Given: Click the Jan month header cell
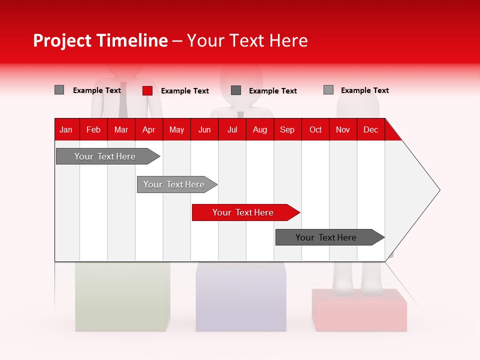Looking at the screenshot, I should click(66, 129).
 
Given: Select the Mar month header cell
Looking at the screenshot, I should click(121, 129).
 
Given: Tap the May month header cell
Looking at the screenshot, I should click(176, 129).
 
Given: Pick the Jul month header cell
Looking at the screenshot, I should click(232, 129).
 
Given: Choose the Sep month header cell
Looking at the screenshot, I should click(287, 129).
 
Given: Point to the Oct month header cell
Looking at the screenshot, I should click(315, 129).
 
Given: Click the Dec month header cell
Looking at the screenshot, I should click(370, 129).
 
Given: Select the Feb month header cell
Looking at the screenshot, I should click(93, 129).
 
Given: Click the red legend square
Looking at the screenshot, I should click(147, 90).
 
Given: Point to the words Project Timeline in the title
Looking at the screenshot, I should click(100, 40).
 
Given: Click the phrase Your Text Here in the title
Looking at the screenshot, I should click(247, 40).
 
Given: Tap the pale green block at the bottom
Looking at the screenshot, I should click(122, 300).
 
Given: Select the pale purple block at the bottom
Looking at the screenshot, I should click(240, 302).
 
